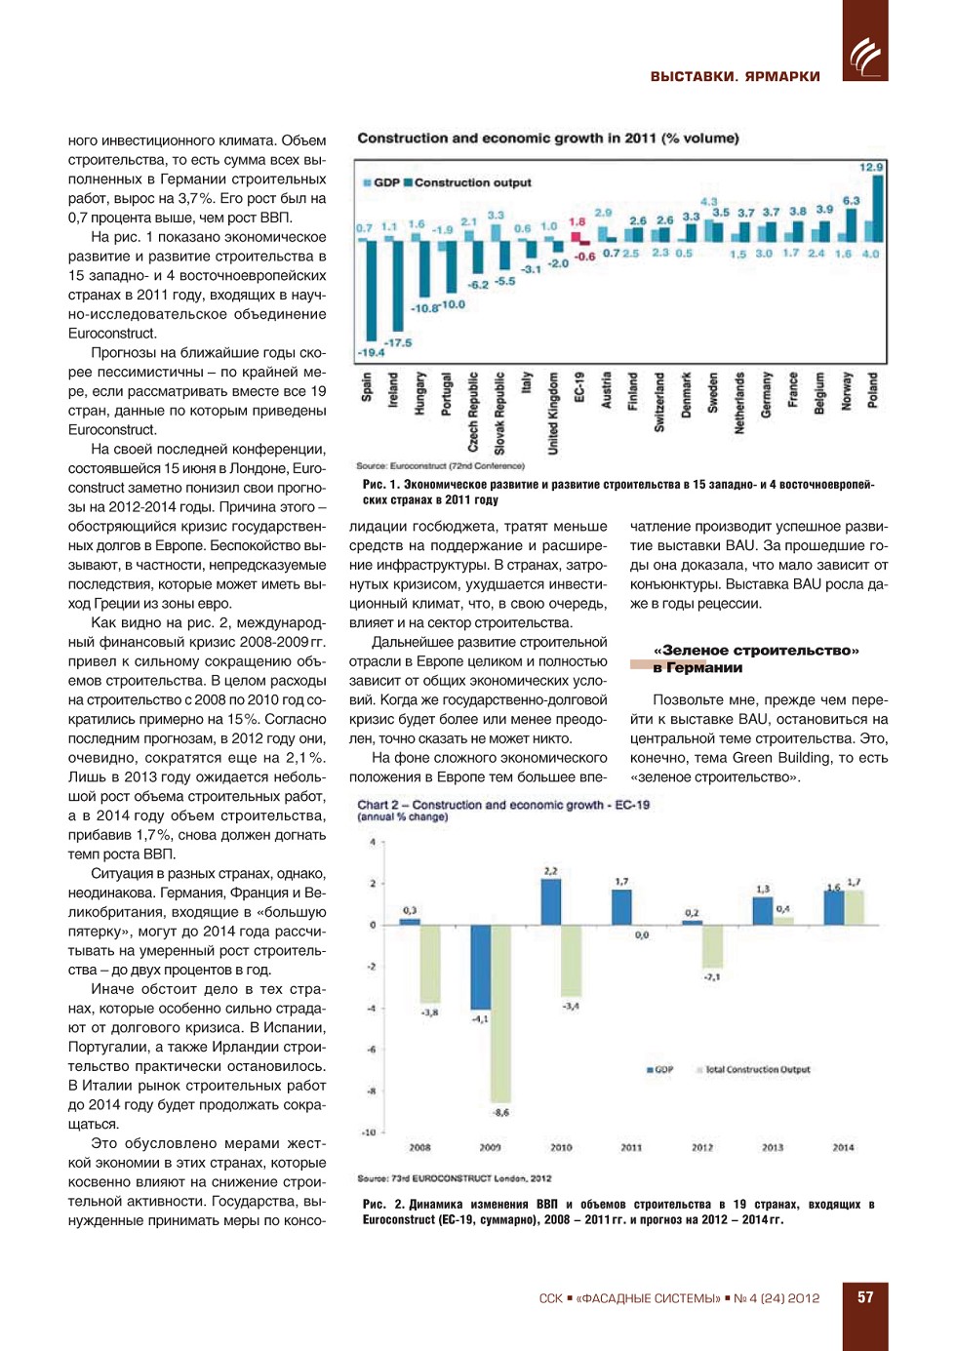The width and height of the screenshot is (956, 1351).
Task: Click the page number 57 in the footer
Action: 865,1297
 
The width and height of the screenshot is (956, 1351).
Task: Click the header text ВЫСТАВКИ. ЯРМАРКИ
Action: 735,76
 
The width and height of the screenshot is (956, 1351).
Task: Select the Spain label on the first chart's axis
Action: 367,386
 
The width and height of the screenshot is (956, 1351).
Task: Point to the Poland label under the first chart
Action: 873,389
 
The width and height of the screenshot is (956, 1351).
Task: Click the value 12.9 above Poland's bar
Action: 870,168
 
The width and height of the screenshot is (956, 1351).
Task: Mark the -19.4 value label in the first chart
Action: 371,352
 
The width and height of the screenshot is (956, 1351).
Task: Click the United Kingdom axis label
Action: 553,413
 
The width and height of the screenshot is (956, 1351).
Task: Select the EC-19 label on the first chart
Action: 579,387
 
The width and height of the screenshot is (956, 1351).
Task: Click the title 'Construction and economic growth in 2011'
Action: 547,139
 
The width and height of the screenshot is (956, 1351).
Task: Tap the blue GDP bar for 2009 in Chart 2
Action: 480,967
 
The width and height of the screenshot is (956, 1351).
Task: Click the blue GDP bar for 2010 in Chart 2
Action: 551,901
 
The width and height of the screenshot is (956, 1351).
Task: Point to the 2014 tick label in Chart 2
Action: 843,1148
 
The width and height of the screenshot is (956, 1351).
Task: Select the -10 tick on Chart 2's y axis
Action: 369,1132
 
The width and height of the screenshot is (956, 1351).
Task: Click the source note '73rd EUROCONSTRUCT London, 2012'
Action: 454,1178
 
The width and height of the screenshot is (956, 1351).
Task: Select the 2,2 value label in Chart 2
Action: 551,871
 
